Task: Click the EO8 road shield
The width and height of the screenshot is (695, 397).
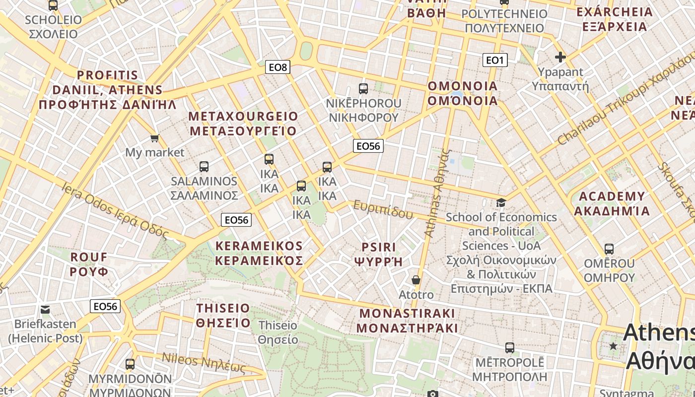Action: (278, 67)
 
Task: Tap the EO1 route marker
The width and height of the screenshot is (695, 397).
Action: (494, 61)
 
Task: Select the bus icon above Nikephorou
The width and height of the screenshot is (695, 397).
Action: (363, 89)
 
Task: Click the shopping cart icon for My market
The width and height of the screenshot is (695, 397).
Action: (154, 138)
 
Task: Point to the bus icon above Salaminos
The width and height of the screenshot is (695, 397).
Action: (204, 166)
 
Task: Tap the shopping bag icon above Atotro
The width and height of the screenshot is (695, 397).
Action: (416, 280)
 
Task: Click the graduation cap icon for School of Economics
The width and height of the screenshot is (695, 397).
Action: (501, 202)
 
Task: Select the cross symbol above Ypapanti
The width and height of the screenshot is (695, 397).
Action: (560, 57)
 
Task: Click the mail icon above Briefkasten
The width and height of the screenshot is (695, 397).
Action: (45, 310)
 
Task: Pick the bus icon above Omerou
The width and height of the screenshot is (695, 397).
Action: (609, 249)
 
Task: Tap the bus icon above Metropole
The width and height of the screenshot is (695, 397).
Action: (509, 347)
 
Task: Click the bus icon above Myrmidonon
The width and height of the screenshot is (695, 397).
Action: (130, 364)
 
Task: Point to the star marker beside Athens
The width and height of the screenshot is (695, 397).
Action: (614, 346)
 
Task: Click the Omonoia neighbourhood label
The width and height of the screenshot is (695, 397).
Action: (463, 93)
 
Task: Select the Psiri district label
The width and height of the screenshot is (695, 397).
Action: (378, 254)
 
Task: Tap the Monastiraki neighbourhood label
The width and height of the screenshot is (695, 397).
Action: (407, 321)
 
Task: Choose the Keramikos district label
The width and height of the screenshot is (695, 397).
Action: (259, 253)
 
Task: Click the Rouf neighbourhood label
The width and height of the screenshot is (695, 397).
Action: (89, 264)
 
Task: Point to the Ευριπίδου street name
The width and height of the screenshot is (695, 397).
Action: (380, 210)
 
